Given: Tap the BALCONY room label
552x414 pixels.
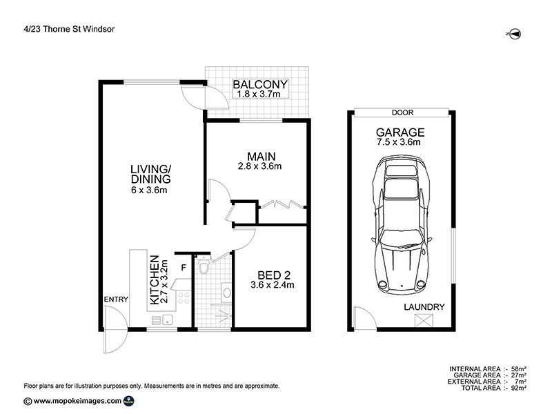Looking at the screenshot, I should [x=259, y=85].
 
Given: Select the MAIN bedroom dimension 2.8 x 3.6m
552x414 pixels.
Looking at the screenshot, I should [x=259, y=166].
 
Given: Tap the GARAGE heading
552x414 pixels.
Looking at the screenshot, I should [x=400, y=132].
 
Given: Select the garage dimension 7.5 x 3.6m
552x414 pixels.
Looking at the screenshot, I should [x=400, y=143].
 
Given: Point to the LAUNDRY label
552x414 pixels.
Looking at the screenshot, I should [x=425, y=307].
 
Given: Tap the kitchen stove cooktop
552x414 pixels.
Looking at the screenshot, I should [x=184, y=298].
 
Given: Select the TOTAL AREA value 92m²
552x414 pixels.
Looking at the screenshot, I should [x=518, y=388].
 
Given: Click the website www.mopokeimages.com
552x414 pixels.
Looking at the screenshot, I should [x=77, y=401].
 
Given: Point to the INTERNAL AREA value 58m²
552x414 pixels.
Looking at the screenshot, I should [x=518, y=368].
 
